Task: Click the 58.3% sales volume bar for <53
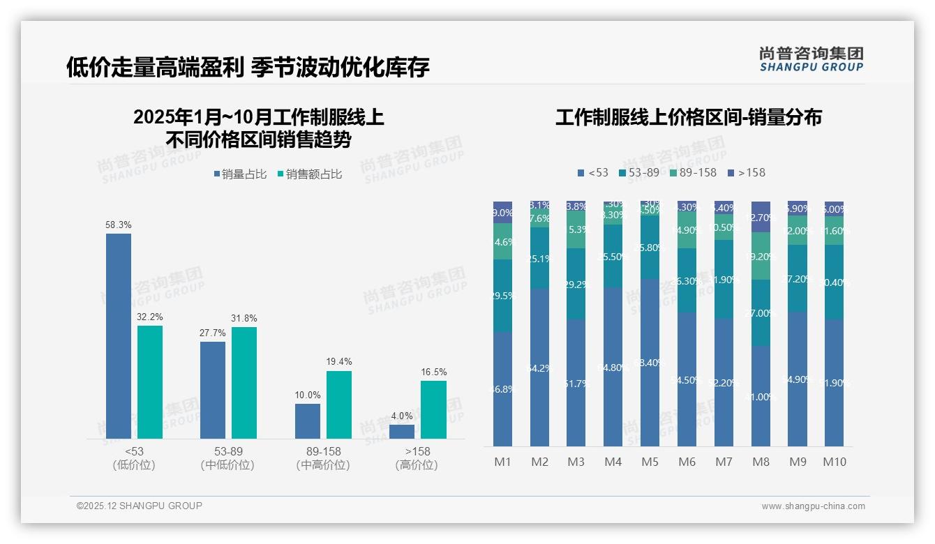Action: coord(119,335)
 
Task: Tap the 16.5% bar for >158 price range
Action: coord(433,409)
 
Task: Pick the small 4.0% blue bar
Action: coord(402,431)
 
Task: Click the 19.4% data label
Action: coord(339,361)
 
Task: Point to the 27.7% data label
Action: coord(213,333)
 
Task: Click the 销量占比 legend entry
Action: coord(240,174)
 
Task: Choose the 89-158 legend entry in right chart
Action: coord(693,172)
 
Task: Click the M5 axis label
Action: coord(650,462)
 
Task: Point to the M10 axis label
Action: coord(834,462)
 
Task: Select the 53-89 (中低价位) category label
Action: coord(227,458)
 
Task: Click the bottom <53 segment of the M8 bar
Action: coord(761,395)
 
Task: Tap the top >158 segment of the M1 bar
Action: coord(502,212)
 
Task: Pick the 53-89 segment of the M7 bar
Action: coord(724,279)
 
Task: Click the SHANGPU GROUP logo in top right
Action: coord(811,59)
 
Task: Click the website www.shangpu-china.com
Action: coord(813,506)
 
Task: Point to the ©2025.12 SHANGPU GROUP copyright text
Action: coord(140,506)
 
